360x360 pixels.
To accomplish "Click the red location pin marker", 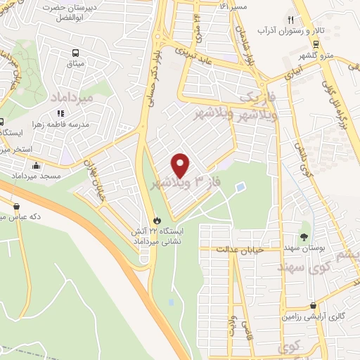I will pyautogui.click(x=181, y=165).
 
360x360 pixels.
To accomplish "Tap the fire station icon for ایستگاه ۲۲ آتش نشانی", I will pyautogui.click(x=157, y=218).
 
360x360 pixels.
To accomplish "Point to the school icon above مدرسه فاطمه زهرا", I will pyautogui.click(x=61, y=112).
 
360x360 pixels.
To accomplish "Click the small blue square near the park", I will pyautogui.click(x=241, y=188).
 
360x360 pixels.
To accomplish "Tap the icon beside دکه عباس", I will pyautogui.click(x=16, y=206).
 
